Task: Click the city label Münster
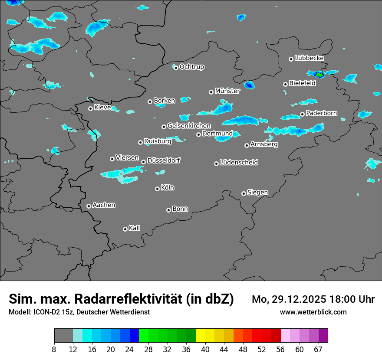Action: (227, 91)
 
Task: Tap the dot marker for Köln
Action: (157, 189)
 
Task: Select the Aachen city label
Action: (104, 205)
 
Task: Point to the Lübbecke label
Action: (309, 58)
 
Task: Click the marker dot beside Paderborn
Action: (302, 115)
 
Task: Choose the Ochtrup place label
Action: (191, 67)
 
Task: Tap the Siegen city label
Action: (257, 193)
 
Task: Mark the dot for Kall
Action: (125, 229)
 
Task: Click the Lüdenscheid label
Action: (239, 163)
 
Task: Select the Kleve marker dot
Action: (90, 108)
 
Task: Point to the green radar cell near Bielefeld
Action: (319, 75)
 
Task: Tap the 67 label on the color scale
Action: (319, 349)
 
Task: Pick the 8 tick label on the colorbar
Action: (54, 349)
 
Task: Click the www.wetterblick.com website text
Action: (313, 312)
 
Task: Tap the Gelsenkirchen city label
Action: (189, 126)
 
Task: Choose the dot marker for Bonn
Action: (168, 210)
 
